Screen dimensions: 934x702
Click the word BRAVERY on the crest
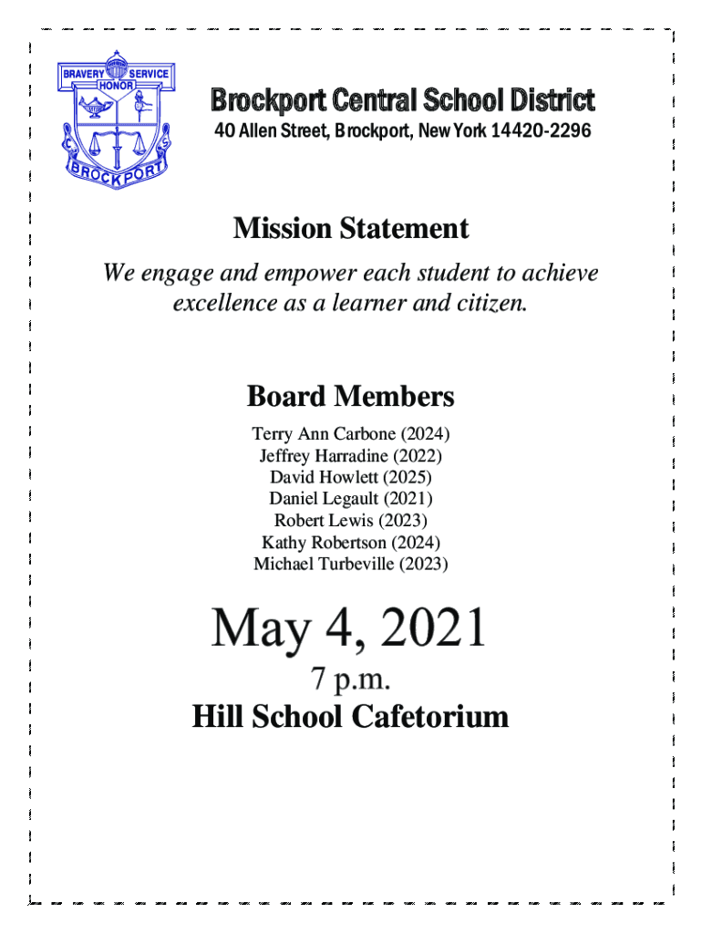[82, 73]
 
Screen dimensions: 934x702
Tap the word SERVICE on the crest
[149, 73]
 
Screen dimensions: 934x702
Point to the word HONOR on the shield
[116, 85]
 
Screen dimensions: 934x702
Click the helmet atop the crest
[116, 67]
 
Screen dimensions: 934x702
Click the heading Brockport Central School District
[403, 100]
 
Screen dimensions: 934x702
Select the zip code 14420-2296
[541, 133]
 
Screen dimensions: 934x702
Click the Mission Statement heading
[351, 228]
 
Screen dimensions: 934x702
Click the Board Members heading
[351, 397]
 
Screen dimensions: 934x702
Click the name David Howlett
[325, 477]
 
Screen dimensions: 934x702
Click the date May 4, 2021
[350, 629]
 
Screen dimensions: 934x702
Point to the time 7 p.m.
[351, 680]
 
